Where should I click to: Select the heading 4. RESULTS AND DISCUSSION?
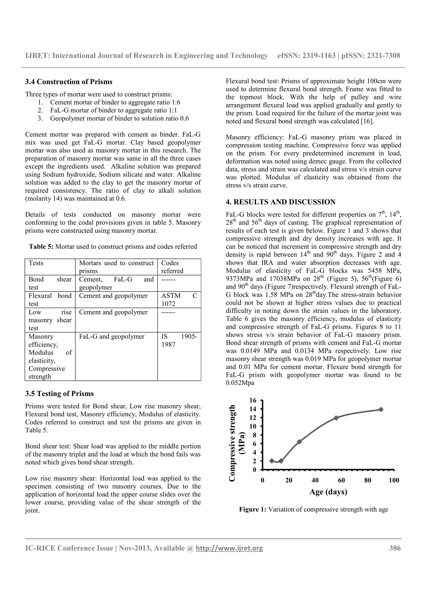coord(280,202)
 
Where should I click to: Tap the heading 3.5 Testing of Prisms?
coord(59,394)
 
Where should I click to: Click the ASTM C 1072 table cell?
coord(179,300)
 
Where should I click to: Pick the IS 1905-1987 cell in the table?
coord(179,340)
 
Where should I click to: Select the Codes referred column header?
coord(172,267)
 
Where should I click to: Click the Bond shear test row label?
coord(50,283)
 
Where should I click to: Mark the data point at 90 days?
coord(381,409)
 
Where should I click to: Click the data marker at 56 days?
coord(336,418)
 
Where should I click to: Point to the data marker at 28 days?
coord(299,442)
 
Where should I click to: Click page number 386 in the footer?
coord(395,548)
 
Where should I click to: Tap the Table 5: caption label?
coord(41,247)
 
